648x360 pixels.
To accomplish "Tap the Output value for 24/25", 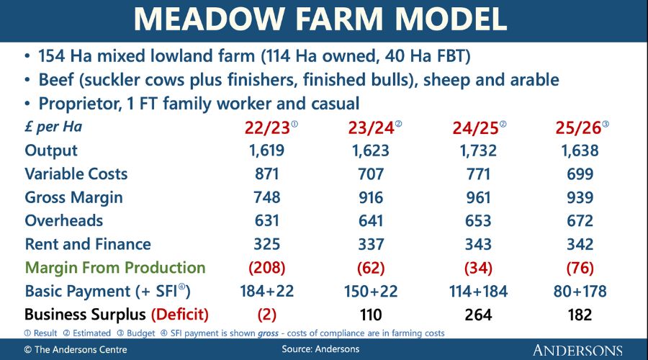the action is [478, 150].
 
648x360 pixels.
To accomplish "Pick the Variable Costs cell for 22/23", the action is [267, 174].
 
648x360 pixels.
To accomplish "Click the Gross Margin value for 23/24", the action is [371, 197].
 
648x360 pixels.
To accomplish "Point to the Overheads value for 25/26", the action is [580, 221].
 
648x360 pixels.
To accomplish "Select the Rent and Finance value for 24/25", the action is [478, 244].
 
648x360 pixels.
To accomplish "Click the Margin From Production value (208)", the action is [267, 268].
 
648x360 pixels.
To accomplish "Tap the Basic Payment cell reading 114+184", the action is [478, 292].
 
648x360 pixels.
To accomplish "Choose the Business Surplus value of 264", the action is [478, 315].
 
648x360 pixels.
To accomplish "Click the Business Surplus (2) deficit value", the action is [267, 315].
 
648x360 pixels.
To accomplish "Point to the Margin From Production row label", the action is [115, 268].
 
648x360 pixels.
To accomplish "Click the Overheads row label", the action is [63, 221].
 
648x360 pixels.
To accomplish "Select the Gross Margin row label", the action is [73, 198].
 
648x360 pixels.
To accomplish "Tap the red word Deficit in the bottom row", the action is [180, 315].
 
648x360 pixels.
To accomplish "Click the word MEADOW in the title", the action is [210, 19].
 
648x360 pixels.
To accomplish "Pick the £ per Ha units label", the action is [53, 127].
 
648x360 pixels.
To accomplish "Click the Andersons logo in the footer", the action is [577, 350].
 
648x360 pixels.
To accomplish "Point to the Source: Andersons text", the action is [320, 349].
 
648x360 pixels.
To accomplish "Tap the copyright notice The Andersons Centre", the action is [76, 350].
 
